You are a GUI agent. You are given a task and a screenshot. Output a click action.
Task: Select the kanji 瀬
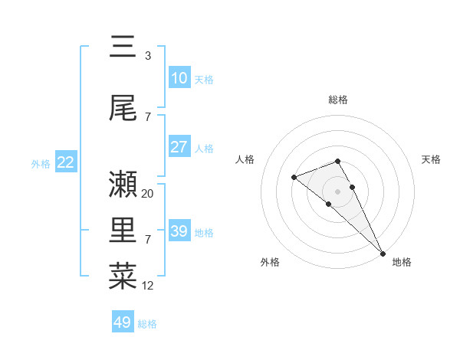123,184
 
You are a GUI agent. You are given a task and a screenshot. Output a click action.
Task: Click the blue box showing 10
179,77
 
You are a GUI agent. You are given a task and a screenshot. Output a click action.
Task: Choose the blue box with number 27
179,147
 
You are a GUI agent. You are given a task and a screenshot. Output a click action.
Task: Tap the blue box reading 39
179,231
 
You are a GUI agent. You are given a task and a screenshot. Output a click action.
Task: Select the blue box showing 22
65,162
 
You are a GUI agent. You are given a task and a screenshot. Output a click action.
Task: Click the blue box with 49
123,322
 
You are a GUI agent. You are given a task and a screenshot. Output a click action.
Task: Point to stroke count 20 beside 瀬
148,194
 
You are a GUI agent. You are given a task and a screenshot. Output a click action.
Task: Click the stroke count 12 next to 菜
148,286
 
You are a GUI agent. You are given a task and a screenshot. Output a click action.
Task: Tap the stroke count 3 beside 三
148,56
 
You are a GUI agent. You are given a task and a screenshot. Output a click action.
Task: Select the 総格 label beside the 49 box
147,324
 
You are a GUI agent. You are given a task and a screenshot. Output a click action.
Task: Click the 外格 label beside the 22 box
41,163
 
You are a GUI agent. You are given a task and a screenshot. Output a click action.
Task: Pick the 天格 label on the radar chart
431,159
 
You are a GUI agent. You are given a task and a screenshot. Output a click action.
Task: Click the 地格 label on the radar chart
402,262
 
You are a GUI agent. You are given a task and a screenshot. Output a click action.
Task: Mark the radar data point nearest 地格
383,252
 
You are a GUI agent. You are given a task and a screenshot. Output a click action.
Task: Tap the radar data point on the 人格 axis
294,177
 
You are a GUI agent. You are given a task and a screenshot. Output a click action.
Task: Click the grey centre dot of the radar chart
337,191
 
